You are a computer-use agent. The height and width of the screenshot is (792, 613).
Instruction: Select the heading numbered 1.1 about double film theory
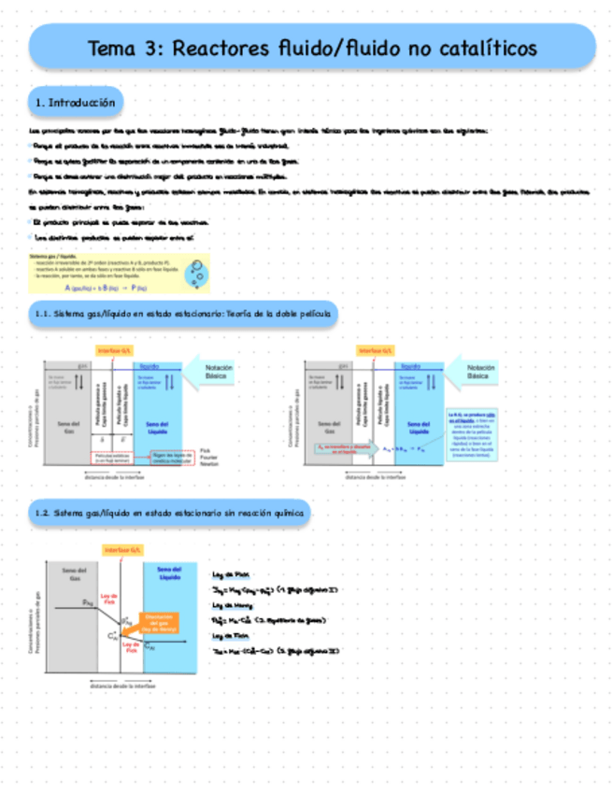click(x=183, y=315)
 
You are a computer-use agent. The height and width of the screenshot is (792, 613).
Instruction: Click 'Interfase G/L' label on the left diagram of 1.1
click(x=113, y=351)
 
